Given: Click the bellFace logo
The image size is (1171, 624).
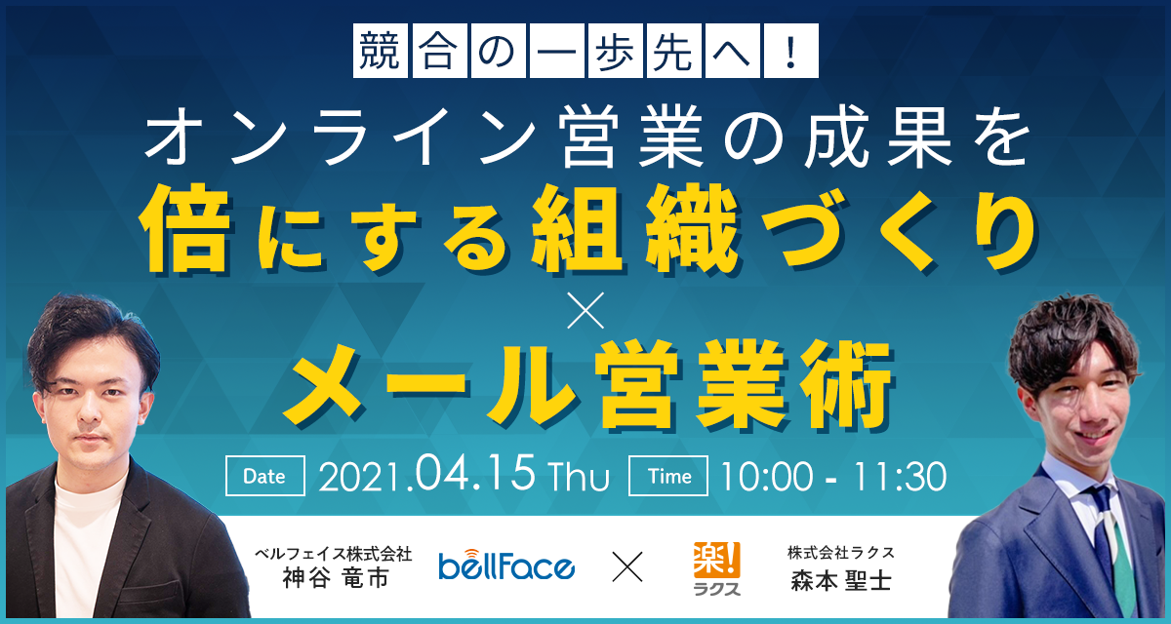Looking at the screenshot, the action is [x=506, y=565].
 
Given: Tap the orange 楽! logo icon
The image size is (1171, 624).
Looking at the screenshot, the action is [x=716, y=560].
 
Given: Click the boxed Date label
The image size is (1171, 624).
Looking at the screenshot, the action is [x=265, y=476].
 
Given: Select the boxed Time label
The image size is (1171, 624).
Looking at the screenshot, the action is [x=668, y=476].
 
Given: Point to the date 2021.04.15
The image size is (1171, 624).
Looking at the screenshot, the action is [x=426, y=475].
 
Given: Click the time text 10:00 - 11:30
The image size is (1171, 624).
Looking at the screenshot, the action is [x=833, y=476].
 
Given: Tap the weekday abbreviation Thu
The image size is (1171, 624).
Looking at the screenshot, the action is [x=580, y=478].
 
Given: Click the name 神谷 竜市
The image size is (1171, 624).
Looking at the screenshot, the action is [x=336, y=578].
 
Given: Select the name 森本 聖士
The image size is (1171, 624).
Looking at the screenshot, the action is [x=840, y=580].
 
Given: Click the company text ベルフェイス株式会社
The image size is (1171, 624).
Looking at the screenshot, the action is [x=334, y=554].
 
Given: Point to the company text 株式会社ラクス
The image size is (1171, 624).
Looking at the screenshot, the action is [x=841, y=553].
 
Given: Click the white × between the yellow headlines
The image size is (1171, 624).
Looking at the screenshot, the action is [x=585, y=310].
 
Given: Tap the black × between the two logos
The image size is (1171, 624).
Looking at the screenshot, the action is [x=627, y=566].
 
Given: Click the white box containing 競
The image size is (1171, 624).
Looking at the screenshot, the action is [x=380, y=51].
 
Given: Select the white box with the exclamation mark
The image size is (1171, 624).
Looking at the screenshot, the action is [x=791, y=51].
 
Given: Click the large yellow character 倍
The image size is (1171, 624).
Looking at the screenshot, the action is [x=185, y=228].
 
